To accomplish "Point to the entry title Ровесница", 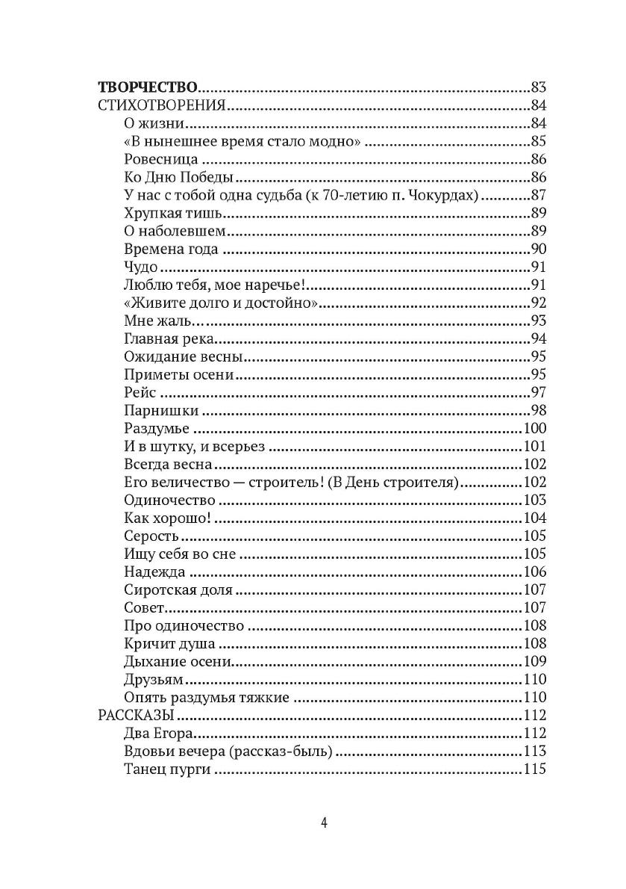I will pyautogui.click(x=160, y=159).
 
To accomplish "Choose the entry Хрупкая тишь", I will pyautogui.click(x=166, y=213).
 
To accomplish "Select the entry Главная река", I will pyautogui.click(x=166, y=339).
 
